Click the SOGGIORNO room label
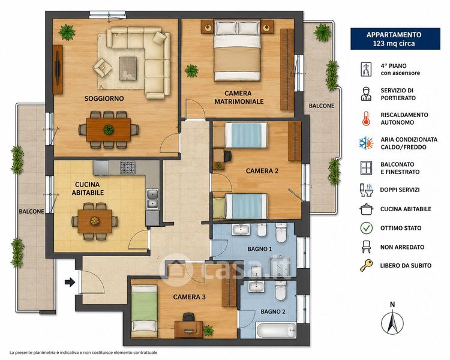coord(104,98)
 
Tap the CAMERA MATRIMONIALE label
coord(239,97)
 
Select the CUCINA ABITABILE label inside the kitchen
coord(88,188)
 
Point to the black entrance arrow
coord(70,282)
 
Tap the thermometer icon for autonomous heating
coord(366,119)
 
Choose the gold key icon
coord(366,265)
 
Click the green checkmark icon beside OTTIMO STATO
coord(366,228)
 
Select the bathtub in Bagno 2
coord(275,330)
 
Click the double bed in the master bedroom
coord(237,50)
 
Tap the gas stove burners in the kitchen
coord(127,167)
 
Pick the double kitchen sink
coord(152,199)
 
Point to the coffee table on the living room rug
coord(128,68)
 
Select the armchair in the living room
coord(102,68)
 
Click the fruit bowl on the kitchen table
coord(95,221)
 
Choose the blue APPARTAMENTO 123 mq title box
coord(395,39)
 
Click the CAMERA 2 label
coord(262,171)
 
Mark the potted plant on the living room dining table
coord(109,130)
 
